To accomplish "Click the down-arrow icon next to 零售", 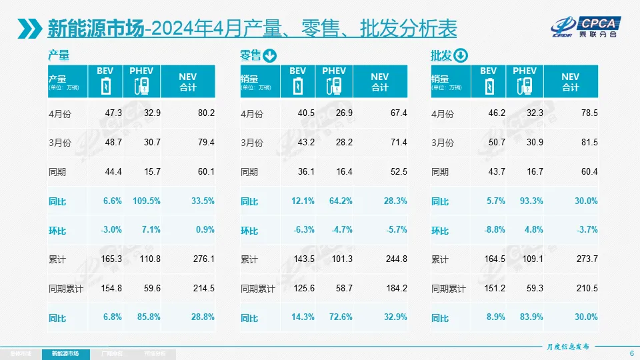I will pos(269,55).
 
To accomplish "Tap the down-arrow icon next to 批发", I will pos(461,55).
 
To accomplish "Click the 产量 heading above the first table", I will pos(59,55).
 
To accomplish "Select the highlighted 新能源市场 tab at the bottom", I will pos(69,353).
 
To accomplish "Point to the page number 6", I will pos(631,353).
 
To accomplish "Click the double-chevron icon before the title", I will pos(31,28).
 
